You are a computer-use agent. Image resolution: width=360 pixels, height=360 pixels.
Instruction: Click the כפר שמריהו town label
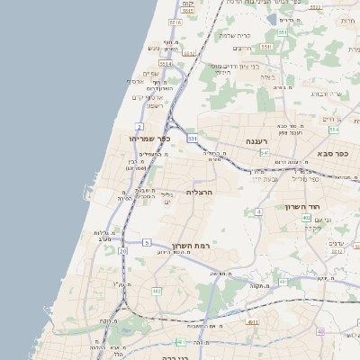[x=149, y=139]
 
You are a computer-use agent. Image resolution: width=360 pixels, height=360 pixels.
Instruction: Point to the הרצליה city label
[x=198, y=192]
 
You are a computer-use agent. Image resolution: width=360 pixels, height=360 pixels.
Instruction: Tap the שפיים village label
[x=150, y=75]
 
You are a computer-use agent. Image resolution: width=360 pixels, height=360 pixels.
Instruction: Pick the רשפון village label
[x=147, y=105]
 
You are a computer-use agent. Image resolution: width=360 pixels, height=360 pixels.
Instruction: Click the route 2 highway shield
[x=139, y=125]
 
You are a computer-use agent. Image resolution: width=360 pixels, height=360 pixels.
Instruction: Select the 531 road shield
[x=192, y=139]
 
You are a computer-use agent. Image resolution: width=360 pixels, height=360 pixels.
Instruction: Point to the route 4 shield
[x=257, y=211]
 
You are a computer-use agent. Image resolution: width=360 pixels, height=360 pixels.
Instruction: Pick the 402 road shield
[x=306, y=217]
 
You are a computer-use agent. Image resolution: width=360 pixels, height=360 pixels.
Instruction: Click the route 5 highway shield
[x=147, y=242]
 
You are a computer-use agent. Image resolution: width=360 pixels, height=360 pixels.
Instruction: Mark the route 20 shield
[x=122, y=251]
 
